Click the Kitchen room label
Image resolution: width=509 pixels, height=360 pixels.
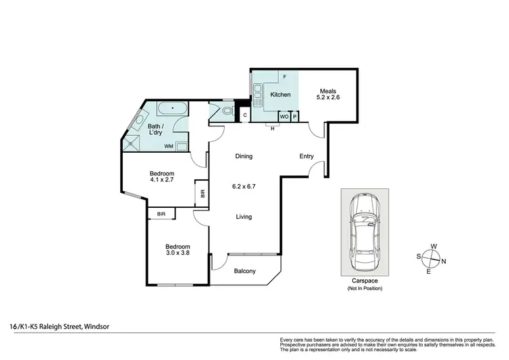[281, 94]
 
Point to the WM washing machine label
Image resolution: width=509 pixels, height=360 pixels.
[168, 145]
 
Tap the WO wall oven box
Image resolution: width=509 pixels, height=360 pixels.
[284, 116]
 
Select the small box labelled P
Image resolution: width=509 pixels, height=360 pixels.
[295, 116]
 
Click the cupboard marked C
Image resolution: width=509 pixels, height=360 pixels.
[244, 116]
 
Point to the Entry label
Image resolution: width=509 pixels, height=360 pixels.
[307, 156]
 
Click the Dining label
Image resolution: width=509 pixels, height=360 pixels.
[244, 156]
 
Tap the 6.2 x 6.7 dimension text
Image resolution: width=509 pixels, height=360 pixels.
[244, 185]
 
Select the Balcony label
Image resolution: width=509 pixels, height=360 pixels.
[244, 272]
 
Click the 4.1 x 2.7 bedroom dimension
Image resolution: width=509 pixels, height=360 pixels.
[162, 181]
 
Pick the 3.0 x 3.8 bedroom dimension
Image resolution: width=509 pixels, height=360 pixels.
[178, 253]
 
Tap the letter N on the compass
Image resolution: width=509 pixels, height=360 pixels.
[444, 261]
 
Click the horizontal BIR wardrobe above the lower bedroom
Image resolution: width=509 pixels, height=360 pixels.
[162, 214]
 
